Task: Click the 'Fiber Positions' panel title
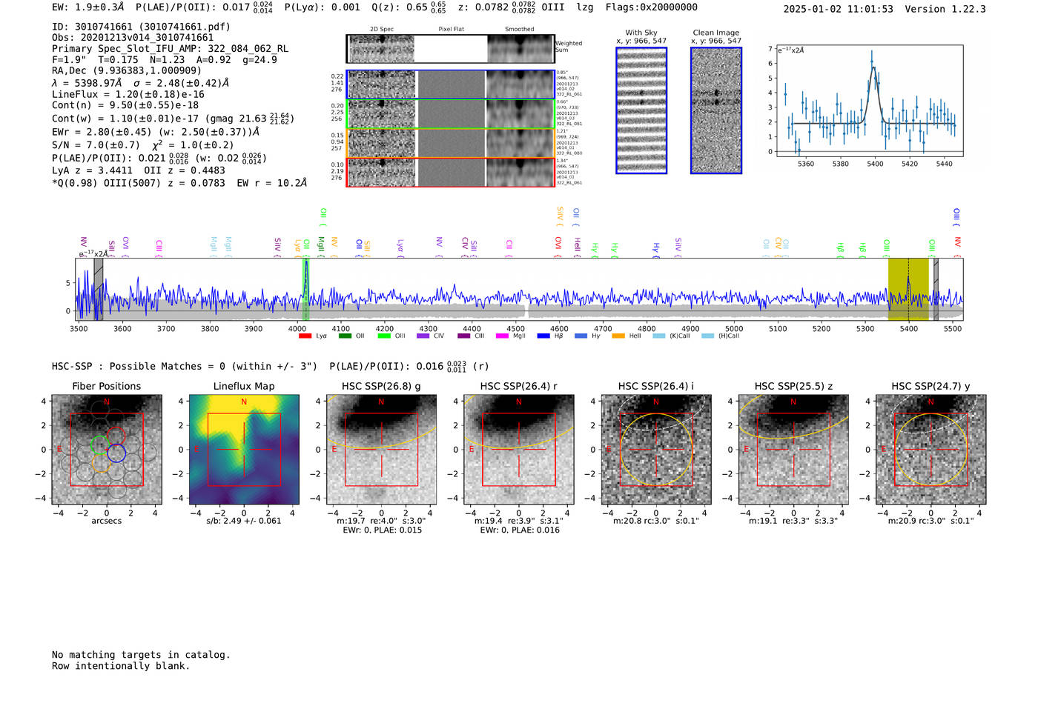[106, 386]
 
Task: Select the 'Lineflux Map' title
[244, 386]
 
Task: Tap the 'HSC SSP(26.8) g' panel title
[381, 386]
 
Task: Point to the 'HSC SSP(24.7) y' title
[930, 386]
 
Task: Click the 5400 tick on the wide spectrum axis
[909, 328]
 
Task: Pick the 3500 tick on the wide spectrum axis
[79, 328]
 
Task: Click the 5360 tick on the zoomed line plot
[805, 164]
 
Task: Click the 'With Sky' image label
[641, 33]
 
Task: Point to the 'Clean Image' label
[716, 33]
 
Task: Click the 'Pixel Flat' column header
[451, 29]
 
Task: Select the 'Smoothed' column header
[520, 29]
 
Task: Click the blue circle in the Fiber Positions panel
[116, 453]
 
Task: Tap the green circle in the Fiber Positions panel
[99, 444]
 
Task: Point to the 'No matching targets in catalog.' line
[141, 655]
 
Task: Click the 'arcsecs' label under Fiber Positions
[106, 521]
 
